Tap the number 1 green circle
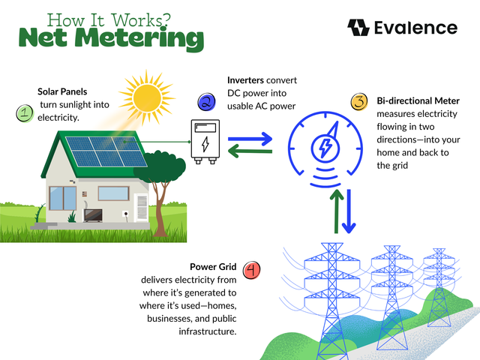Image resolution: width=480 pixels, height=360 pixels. coord(25,114)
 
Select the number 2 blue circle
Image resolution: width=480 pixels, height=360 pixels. coord(206,102)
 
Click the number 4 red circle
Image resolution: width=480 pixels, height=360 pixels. coord(252,268)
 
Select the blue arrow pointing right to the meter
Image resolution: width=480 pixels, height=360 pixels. coord(250,139)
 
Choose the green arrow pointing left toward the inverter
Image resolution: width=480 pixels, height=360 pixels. coord(250,152)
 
